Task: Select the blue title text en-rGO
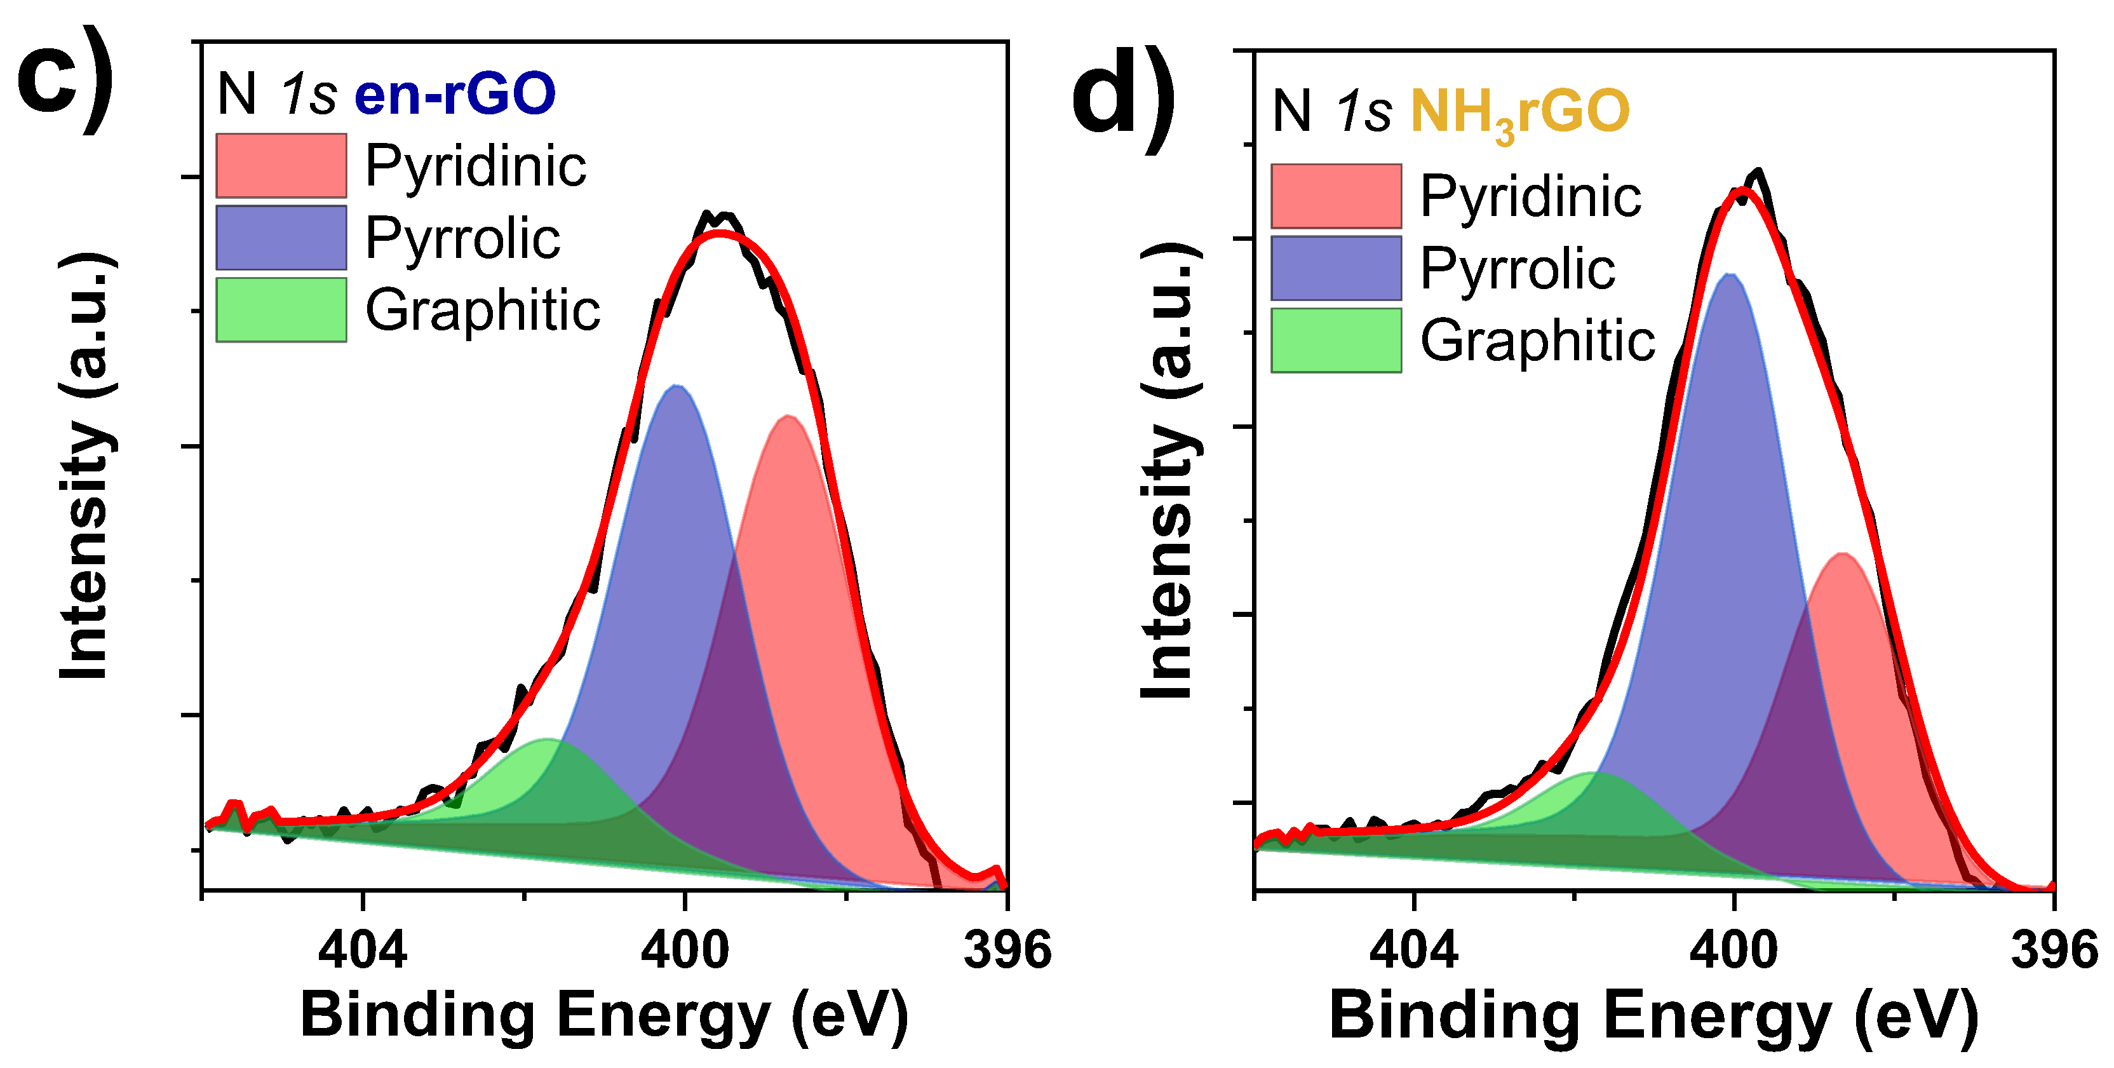(455, 93)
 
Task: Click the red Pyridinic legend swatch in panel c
(281, 165)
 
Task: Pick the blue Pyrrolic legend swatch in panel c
(281, 237)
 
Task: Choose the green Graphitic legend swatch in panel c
(281, 309)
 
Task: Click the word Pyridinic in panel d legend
(1530, 196)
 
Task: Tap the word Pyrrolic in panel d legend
(1518, 269)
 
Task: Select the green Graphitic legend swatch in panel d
(1336, 341)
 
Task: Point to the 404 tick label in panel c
(362, 950)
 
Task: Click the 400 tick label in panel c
(684, 950)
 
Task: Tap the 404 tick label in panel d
(1413, 950)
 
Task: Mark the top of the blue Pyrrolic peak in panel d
(1730, 275)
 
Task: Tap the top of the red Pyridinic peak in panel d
(1843, 554)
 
